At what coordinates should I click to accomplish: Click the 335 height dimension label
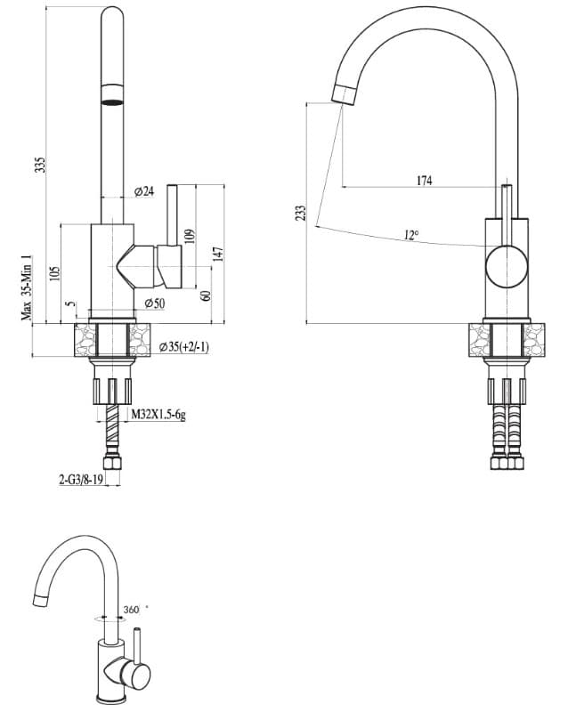pyautogui.click(x=41, y=165)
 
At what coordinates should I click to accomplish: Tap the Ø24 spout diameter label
pyautogui.click(x=144, y=191)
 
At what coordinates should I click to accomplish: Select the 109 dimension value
pyautogui.click(x=190, y=236)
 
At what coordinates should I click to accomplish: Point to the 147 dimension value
pyautogui.click(x=219, y=255)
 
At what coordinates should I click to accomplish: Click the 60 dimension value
pyautogui.click(x=206, y=295)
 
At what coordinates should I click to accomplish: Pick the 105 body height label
pyautogui.click(x=54, y=273)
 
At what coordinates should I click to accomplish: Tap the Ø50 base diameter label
pyautogui.click(x=155, y=303)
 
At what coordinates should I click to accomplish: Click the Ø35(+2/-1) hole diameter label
pyautogui.click(x=184, y=347)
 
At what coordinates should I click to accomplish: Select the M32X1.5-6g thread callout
pyautogui.click(x=158, y=414)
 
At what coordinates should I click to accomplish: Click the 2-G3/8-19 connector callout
pyautogui.click(x=81, y=479)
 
